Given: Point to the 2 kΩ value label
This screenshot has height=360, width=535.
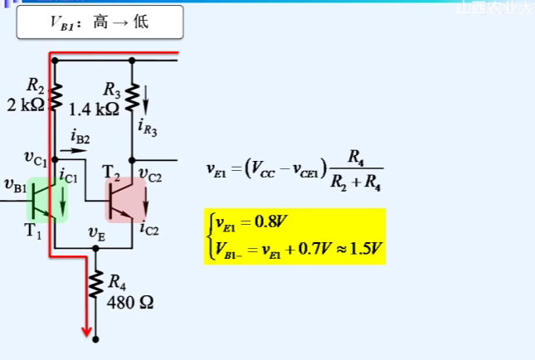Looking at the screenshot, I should click(26, 105).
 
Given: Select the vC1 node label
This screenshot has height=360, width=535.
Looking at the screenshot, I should click(36, 157).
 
